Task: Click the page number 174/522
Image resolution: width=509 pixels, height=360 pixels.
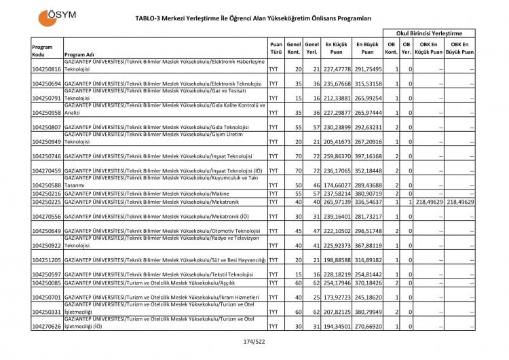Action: pyautogui.click(x=253, y=341)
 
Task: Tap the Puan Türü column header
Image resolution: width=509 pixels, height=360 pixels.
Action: pyautogui.click(x=276, y=46)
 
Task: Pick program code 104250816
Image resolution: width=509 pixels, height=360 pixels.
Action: pyautogui.click(x=47, y=69)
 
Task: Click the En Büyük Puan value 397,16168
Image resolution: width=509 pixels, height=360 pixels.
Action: pyautogui.click(x=367, y=156)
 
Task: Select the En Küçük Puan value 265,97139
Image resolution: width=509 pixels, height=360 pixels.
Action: pyautogui.click(x=328, y=202)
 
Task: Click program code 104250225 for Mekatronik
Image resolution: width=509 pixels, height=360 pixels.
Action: pyautogui.click(x=47, y=202)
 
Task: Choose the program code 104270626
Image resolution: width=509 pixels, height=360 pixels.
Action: pyautogui.click(x=47, y=327)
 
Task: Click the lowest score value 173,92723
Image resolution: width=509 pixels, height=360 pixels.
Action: pyautogui.click(x=328, y=297)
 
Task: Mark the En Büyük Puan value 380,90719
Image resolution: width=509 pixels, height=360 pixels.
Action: pyautogui.click(x=367, y=194)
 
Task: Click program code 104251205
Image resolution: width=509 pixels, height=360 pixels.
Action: pyautogui.click(x=47, y=259)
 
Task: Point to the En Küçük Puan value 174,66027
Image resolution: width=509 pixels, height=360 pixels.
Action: pyautogui.click(x=328, y=185)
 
